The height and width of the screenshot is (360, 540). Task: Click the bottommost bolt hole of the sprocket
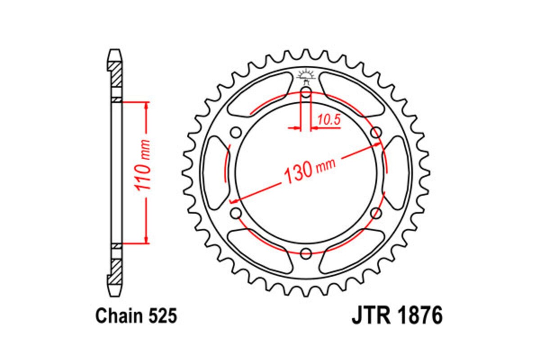(306, 252)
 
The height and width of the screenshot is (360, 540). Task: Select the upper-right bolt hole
(375, 132)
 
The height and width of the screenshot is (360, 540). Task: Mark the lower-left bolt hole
(236, 213)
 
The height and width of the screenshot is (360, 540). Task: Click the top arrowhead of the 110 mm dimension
(146, 106)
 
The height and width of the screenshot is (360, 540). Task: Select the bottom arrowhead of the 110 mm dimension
(146, 239)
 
